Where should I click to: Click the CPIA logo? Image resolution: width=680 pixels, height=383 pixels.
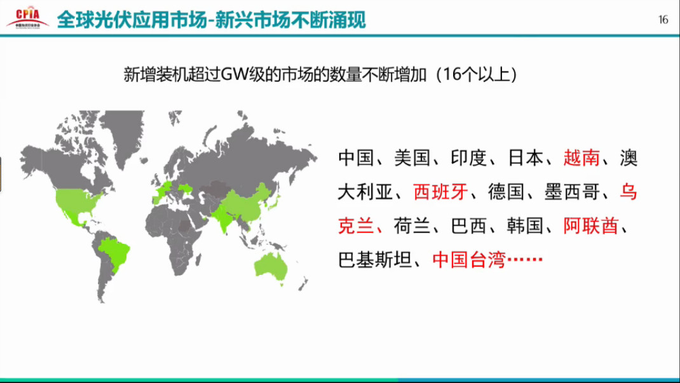click(x=28, y=17)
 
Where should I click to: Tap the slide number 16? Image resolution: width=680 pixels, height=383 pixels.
click(x=663, y=20)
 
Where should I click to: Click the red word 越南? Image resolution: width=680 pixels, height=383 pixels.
click(x=581, y=158)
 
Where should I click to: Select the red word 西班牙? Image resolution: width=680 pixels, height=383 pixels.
click(x=440, y=192)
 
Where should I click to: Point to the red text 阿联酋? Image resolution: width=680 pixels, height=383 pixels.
click(x=590, y=225)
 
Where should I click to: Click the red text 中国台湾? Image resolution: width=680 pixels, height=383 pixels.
click(x=469, y=260)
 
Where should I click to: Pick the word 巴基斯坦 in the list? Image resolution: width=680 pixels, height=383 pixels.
click(x=375, y=260)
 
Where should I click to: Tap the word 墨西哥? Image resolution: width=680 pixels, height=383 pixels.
click(x=572, y=192)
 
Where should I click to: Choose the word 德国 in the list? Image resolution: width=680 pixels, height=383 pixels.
click(x=507, y=192)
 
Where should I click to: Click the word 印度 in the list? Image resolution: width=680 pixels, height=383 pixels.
click(x=469, y=158)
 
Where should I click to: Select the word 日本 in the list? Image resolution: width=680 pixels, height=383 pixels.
click(x=526, y=158)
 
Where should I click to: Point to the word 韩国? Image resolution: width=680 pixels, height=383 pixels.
click(x=525, y=225)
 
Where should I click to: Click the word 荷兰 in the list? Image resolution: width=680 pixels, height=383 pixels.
click(x=412, y=225)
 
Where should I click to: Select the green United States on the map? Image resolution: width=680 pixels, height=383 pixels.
click(x=78, y=201)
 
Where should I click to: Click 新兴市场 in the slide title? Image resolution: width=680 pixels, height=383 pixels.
click(x=254, y=20)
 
